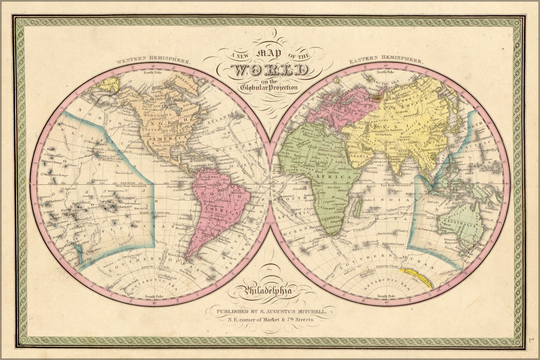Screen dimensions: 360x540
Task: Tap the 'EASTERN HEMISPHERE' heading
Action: [x=386, y=60]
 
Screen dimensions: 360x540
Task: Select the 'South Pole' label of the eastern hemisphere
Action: [x=386, y=296]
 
